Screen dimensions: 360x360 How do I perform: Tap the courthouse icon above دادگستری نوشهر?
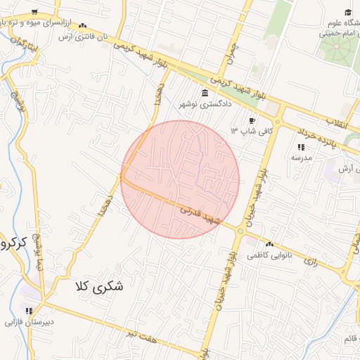pos(205,94)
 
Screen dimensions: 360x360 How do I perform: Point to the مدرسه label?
pos(301,157)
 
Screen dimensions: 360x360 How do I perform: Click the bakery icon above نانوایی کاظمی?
pos(270,244)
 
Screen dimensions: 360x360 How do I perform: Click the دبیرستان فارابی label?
pos(28,323)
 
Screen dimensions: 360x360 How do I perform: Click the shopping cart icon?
pos(35,13)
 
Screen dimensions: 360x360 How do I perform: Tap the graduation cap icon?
pos(347,12)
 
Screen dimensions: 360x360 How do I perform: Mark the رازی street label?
pos(310,259)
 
